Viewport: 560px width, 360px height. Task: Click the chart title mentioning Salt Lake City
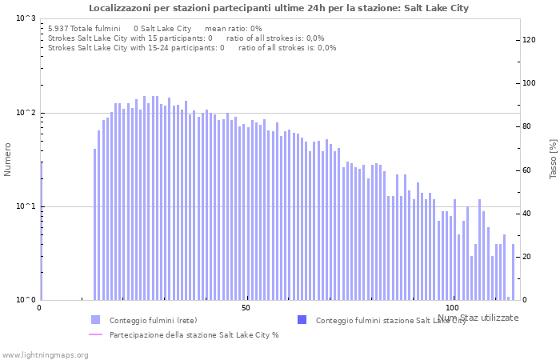[x=279, y=8]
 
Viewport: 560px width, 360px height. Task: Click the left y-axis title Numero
[x=8, y=159]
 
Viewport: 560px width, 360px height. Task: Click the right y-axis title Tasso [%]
[x=553, y=158]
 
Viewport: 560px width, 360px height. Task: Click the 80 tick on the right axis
[x=527, y=126]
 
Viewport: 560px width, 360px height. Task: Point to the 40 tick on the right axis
[x=527, y=214]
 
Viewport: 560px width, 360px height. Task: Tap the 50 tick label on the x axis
[x=246, y=308]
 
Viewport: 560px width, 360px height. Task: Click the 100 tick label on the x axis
[x=452, y=308]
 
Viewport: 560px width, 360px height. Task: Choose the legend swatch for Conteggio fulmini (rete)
[x=95, y=320]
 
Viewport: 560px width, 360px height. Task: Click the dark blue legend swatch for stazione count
[x=302, y=320]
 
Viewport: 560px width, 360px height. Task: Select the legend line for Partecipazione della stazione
[x=95, y=334]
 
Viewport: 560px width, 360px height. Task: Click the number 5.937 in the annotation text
[x=59, y=28]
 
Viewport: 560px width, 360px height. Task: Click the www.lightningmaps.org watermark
[x=44, y=354]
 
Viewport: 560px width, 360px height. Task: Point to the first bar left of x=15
[x=94, y=224]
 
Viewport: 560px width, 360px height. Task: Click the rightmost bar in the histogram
[x=513, y=272]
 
